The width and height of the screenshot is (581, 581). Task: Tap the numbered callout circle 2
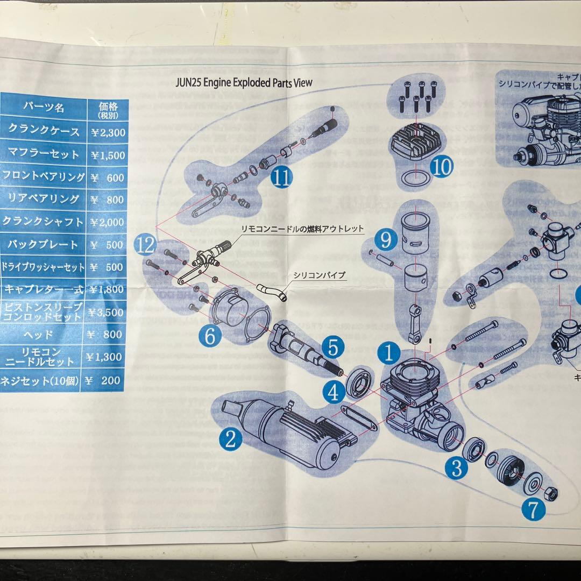click(x=231, y=440)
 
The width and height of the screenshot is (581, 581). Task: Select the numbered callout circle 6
click(x=210, y=337)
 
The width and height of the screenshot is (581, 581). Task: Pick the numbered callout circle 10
click(x=442, y=167)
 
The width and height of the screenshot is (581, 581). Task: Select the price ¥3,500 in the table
click(x=107, y=312)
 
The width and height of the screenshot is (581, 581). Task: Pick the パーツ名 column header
click(x=43, y=108)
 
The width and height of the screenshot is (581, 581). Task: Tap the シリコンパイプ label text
click(x=319, y=275)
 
